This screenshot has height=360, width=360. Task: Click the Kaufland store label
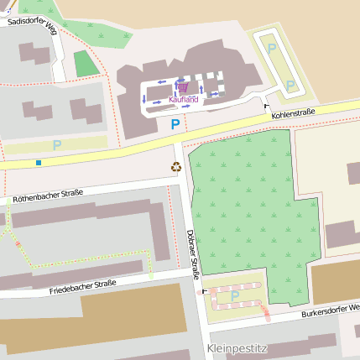point(184,99)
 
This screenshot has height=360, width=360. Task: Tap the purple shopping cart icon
point(183,86)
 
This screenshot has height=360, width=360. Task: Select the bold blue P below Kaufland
point(175,124)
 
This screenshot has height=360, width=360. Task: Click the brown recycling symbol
point(176,166)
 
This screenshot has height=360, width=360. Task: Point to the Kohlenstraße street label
point(293,112)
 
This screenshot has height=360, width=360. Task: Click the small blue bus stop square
point(39,162)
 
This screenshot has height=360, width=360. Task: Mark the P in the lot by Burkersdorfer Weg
point(235,295)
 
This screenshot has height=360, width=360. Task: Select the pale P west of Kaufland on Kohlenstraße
point(57,145)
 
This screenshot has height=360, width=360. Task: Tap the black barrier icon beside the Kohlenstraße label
point(266,106)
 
